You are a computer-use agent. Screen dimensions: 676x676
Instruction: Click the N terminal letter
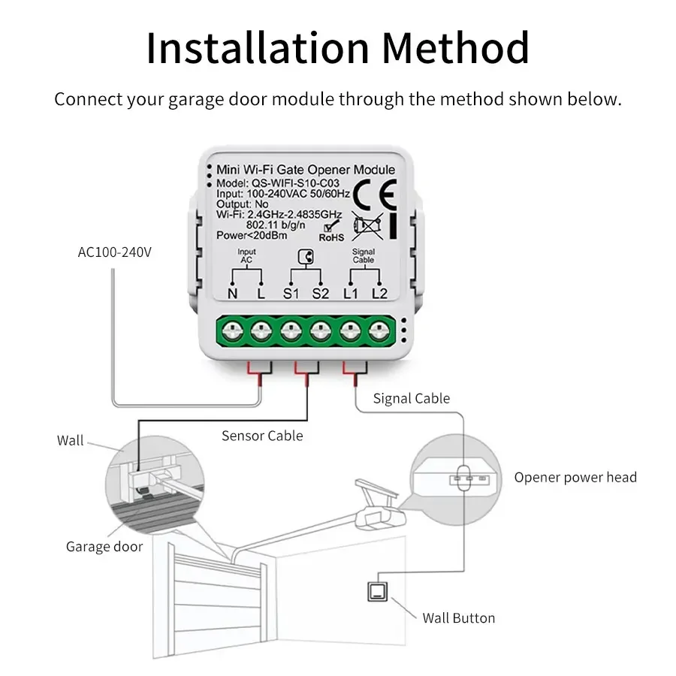[x=232, y=294]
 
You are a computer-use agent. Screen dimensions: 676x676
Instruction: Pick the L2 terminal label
[x=380, y=294]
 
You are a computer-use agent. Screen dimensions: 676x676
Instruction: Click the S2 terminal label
[x=321, y=294]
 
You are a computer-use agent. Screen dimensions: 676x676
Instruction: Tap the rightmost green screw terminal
[x=379, y=329]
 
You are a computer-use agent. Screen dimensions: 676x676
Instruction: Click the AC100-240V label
[x=114, y=252]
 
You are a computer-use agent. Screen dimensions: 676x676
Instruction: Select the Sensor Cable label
[x=262, y=436]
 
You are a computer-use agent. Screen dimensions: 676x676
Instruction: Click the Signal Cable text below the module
[x=411, y=399]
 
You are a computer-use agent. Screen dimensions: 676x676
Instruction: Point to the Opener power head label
[x=575, y=477]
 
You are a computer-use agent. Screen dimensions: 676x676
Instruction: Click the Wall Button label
[x=458, y=618]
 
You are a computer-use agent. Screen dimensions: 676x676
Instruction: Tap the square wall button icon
[x=376, y=593]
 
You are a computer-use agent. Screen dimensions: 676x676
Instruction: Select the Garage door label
[x=104, y=547]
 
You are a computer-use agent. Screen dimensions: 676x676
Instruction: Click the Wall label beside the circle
[x=71, y=440]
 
